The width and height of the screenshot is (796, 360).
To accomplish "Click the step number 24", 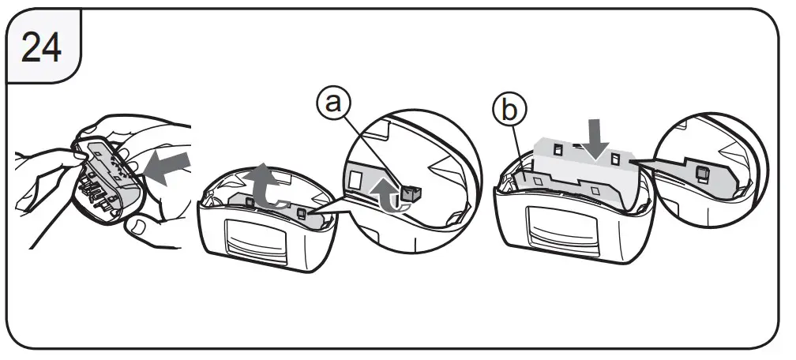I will coord(42,48).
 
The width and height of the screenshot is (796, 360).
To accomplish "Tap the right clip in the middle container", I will coord(303,212).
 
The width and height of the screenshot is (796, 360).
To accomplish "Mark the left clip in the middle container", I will coord(250,202).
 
